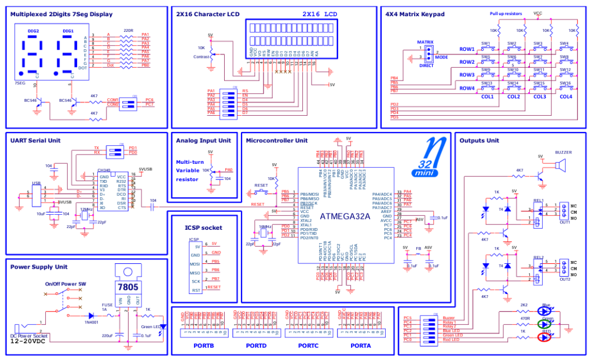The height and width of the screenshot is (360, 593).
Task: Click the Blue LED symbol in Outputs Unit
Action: tap(546, 310)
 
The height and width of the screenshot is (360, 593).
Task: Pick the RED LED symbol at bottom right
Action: tap(546, 337)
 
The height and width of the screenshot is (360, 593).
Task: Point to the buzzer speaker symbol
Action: tap(560, 165)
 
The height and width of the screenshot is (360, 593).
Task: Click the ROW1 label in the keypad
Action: tap(467, 49)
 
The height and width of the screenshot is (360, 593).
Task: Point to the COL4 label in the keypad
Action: tap(565, 96)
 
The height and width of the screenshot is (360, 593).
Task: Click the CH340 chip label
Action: tap(104, 171)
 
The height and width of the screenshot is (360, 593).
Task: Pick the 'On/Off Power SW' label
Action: tap(65, 284)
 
